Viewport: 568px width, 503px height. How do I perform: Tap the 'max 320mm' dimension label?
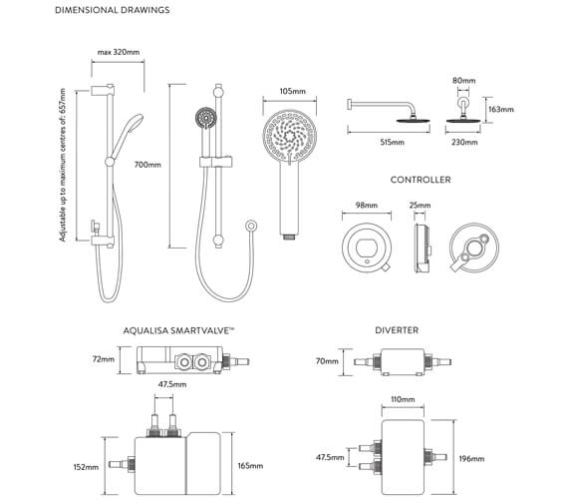(117, 52)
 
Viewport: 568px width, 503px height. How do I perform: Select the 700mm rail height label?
(145, 165)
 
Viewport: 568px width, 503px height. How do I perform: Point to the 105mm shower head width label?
(291, 91)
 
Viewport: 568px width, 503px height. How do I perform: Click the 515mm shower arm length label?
(392, 143)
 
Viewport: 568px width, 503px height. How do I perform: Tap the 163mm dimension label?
(501, 109)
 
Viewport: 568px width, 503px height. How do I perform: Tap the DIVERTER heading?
(398, 329)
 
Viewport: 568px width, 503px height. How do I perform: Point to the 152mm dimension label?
(86, 466)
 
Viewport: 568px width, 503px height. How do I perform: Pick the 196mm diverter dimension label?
(471, 459)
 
